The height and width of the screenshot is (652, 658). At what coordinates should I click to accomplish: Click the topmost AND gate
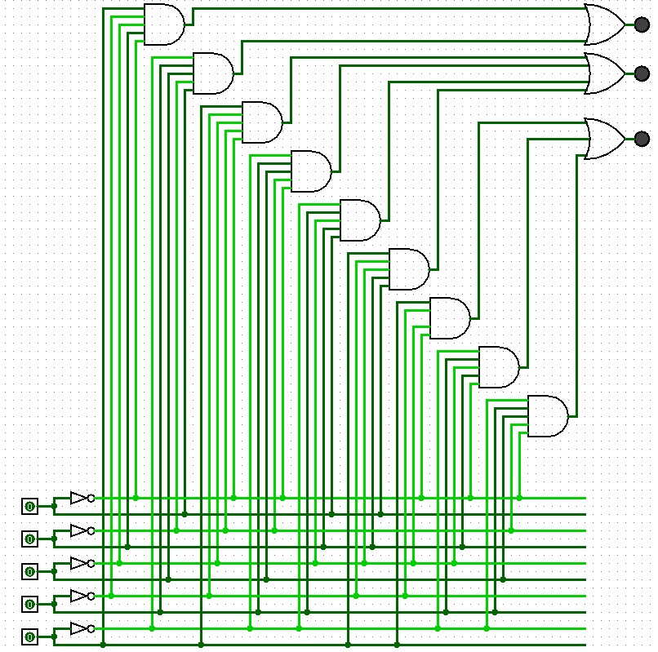tap(163, 24)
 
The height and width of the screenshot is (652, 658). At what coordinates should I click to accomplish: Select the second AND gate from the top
tap(212, 73)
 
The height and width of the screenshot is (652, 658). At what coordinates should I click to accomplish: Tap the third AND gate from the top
tap(261, 122)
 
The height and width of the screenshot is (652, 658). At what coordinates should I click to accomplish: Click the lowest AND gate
tap(547, 416)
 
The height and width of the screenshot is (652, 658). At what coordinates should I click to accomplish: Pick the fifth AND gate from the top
tap(359, 220)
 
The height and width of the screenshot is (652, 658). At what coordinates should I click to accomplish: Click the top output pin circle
tap(642, 24)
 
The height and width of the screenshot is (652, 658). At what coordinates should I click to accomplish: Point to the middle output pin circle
tap(642, 73)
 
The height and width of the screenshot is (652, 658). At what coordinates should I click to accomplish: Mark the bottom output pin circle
tap(642, 139)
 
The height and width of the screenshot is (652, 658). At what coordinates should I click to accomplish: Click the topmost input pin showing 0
tap(29, 506)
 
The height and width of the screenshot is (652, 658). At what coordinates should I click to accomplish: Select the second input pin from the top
tap(29, 539)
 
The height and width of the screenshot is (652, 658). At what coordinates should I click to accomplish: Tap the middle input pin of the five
tap(29, 571)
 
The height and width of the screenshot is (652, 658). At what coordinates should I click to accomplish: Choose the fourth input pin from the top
tap(29, 604)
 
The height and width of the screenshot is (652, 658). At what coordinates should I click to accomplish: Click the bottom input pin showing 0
tap(29, 636)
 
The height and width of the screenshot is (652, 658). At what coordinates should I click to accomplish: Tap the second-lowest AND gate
tap(498, 367)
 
